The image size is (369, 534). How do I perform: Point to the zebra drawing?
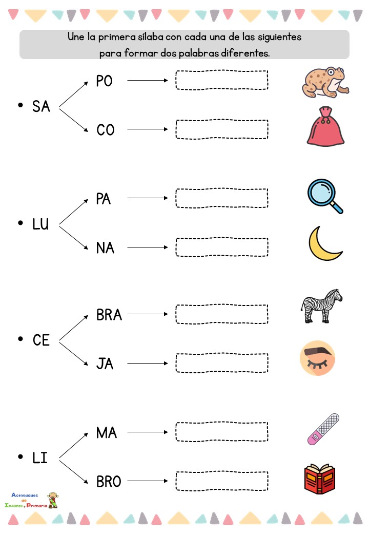tap(321, 306)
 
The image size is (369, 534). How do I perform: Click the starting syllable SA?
tap(41, 107)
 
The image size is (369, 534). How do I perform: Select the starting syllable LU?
tap(40, 224)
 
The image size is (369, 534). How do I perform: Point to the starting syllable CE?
tap(41, 340)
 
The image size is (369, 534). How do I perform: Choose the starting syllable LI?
tap(39, 457)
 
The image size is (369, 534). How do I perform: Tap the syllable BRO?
tap(109, 482)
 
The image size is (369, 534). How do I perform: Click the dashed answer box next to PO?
tap(221, 81)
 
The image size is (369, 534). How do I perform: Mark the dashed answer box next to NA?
tap(221, 247)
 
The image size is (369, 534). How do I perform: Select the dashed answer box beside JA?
tap(221, 363)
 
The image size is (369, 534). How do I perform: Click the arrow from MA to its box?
tap(148, 432)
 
